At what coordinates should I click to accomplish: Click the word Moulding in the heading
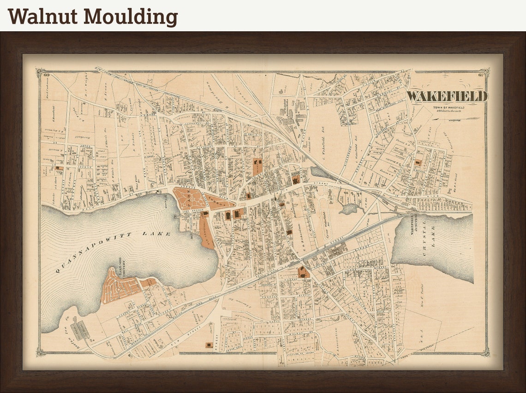pos(131,17)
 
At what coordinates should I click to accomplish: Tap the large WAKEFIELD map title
pos(446,96)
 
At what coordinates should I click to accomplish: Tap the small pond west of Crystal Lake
pos(349,208)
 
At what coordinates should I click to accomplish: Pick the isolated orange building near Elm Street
pos(209,345)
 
